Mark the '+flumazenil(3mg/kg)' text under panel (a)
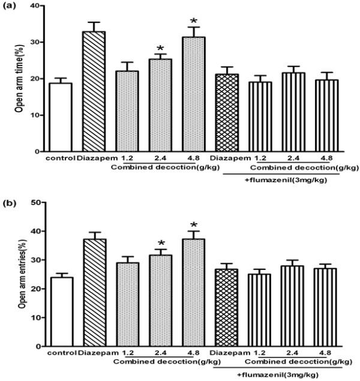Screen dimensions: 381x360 (273, 177)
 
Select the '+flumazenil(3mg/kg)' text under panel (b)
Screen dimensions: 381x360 (278, 374)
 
